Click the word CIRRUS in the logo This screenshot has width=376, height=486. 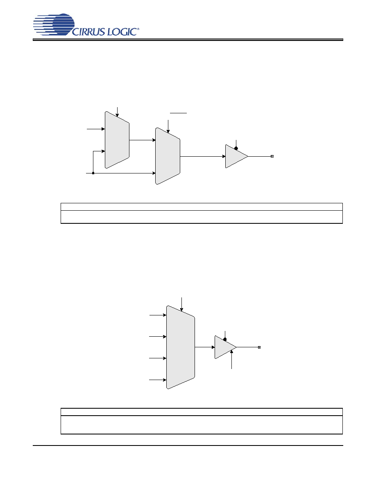point(88,32)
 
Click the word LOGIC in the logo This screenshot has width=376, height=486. point(122,32)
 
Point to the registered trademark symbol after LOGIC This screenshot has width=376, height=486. point(138,29)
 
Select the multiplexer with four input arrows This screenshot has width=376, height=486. point(181,347)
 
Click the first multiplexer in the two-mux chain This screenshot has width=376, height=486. point(117,140)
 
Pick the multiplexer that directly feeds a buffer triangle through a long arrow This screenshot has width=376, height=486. point(168,156)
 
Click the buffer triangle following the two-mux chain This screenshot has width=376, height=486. point(236,156)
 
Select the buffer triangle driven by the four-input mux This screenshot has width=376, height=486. point(226,347)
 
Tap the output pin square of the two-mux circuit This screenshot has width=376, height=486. point(272,156)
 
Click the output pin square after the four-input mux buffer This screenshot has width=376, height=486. point(259,347)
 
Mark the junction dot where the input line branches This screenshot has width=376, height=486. point(93,173)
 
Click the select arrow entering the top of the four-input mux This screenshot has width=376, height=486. point(181,304)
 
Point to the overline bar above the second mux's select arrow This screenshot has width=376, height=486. point(178,113)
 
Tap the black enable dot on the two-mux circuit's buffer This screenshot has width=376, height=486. point(236,148)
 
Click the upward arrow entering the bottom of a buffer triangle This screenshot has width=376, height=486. point(232,360)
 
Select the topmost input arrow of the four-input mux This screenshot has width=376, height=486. point(158,315)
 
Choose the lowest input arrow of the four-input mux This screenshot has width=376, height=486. point(158,380)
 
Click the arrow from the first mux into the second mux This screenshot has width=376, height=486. point(143,140)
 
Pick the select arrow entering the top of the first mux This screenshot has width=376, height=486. point(117,112)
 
